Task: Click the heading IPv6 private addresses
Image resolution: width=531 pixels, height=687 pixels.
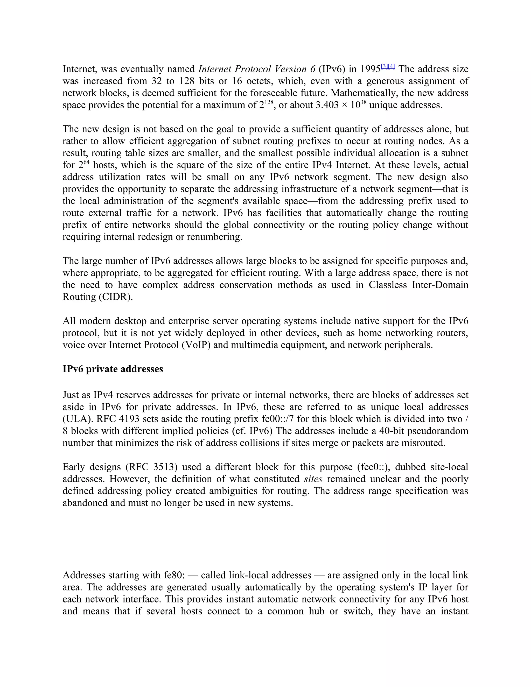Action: [x=113, y=369]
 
